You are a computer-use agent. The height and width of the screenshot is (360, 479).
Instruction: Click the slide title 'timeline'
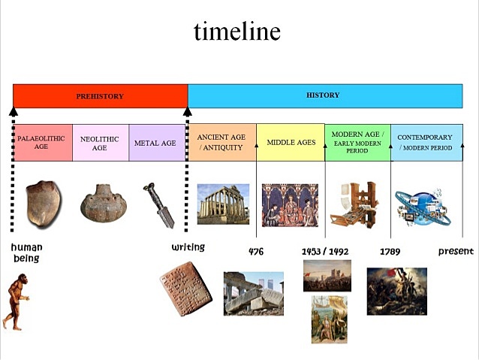pyautogui.click(x=237, y=31)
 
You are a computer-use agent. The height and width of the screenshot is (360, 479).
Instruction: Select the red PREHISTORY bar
pyautogui.click(x=100, y=96)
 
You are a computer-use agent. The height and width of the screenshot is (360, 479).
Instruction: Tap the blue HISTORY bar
pyautogui.click(x=324, y=96)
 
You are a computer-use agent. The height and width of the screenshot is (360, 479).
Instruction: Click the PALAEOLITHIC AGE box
pyautogui.click(x=44, y=143)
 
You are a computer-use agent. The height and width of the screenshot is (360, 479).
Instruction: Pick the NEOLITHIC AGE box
pyautogui.click(x=100, y=143)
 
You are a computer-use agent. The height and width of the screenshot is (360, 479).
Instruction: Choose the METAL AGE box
pyautogui.click(x=155, y=143)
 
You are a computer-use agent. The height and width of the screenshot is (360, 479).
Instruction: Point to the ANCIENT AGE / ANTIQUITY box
pyautogui.click(x=221, y=143)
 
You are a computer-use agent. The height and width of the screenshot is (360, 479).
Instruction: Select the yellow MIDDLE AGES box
pyautogui.click(x=291, y=143)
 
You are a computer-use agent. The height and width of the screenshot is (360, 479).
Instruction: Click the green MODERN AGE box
pyautogui.click(x=357, y=143)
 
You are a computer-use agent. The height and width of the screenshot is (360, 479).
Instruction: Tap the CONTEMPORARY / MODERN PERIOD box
pyautogui.click(x=426, y=143)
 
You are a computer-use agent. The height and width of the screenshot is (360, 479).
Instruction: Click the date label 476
pyautogui.click(x=256, y=252)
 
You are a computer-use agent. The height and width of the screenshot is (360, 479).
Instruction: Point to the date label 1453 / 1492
pyautogui.click(x=325, y=252)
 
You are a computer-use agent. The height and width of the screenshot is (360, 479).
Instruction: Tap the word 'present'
pyautogui.click(x=456, y=252)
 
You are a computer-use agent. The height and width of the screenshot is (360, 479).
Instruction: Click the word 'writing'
pyautogui.click(x=188, y=247)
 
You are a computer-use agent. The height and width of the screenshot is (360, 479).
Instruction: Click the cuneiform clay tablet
pyautogui.click(x=181, y=293)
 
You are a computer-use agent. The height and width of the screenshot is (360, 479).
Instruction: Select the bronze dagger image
pyautogui.click(x=158, y=205)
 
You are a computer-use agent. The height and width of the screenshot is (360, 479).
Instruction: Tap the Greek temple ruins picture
pyautogui.click(x=223, y=204)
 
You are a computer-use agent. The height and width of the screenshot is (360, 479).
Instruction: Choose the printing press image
pyautogui.click(x=355, y=204)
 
